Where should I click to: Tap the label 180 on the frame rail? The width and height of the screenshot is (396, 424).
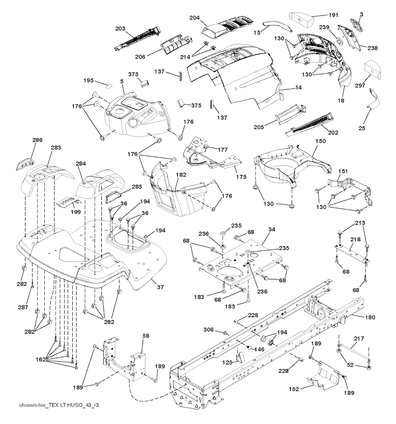click(x=370, y=317)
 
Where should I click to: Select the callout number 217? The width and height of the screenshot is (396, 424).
click(x=359, y=338)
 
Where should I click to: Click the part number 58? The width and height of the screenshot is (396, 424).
click(x=145, y=336)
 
